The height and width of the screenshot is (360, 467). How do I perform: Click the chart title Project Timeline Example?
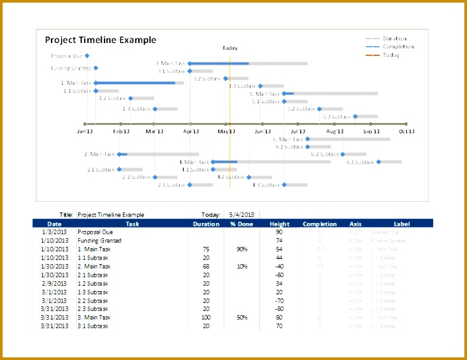(101, 40)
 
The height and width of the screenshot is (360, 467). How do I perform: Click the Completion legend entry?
(398, 47)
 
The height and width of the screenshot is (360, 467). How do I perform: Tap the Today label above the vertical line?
(230, 48)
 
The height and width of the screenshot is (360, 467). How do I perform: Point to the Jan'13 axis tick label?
(85, 132)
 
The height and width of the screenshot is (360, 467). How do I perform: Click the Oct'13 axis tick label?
(405, 132)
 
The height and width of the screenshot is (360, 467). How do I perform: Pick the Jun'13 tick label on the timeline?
(263, 132)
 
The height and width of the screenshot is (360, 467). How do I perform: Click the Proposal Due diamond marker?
(87, 56)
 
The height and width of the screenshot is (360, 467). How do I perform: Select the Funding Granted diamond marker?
(96, 68)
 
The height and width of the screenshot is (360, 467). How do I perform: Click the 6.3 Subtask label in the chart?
(360, 161)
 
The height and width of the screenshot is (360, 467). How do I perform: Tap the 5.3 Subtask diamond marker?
(355, 116)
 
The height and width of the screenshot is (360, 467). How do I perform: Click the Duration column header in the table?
(206, 224)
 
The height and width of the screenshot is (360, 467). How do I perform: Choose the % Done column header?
(242, 224)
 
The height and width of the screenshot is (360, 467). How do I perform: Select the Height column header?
(279, 224)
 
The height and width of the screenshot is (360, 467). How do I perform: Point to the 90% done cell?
(242, 249)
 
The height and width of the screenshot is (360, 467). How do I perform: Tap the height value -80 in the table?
(278, 309)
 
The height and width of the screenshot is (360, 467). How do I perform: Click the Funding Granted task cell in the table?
(99, 241)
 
